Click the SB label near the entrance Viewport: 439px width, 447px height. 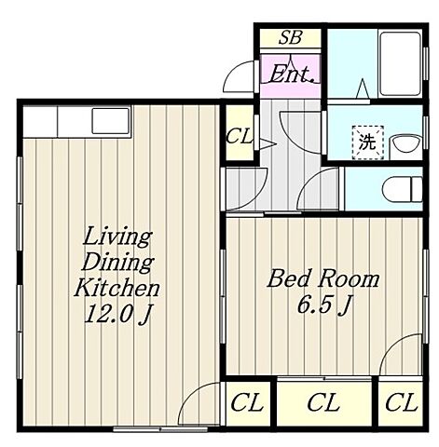[290, 37]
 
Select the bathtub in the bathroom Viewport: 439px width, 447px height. [401, 63]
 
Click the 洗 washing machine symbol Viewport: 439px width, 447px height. [368, 142]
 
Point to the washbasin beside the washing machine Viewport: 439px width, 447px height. [406, 143]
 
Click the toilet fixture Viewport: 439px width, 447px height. [402, 189]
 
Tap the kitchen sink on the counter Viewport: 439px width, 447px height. [110, 121]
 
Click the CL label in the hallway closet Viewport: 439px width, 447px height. [240, 136]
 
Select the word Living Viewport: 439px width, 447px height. [117, 238]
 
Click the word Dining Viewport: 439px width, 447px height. [117, 263]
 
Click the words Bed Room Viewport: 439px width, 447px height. [323, 278]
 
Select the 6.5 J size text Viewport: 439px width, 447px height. [324, 305]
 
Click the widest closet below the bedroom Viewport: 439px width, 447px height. [324, 402]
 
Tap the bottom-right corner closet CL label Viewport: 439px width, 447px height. [400, 402]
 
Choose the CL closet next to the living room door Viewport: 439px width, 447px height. [247, 402]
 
